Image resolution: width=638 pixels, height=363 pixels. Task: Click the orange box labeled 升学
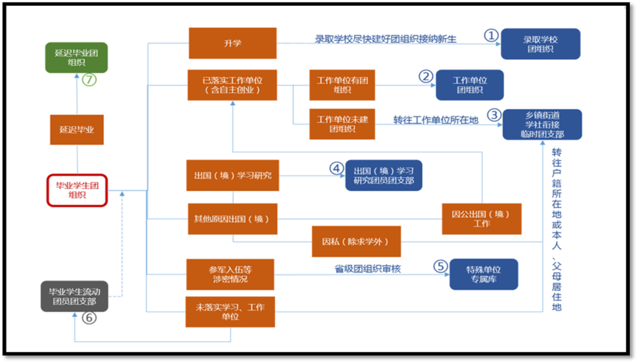(x=232, y=43)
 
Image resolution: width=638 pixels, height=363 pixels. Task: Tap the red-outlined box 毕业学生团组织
(x=77, y=189)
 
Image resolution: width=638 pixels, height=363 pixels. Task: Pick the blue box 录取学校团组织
(x=540, y=44)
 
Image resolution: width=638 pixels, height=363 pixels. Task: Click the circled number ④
(x=336, y=169)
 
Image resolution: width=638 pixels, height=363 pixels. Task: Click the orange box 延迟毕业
(x=77, y=129)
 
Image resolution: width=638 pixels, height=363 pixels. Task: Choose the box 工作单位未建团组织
(x=342, y=124)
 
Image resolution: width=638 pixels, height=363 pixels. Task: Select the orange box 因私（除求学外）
(x=356, y=241)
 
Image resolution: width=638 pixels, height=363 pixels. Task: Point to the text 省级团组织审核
(x=367, y=269)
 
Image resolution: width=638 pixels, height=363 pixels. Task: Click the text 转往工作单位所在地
(x=435, y=120)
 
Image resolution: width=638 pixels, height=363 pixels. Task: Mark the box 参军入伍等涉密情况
(x=230, y=274)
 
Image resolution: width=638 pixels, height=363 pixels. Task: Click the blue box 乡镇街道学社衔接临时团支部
(x=542, y=125)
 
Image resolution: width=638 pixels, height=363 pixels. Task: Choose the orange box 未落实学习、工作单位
(x=230, y=312)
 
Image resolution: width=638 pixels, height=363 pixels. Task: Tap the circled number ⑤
(x=441, y=266)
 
